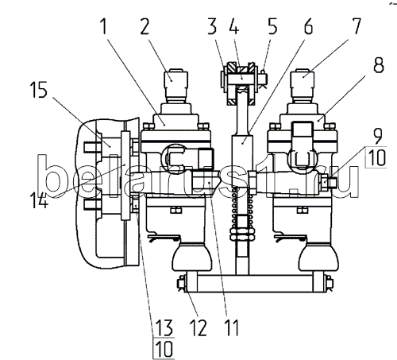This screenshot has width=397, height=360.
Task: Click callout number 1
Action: [104, 26]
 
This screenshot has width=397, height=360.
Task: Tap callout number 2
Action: [145, 26]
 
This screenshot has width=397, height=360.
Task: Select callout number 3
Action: [212, 26]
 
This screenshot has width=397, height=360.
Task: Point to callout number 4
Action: [234, 26]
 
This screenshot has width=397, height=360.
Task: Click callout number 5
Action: [272, 26]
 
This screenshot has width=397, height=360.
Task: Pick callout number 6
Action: [308, 26]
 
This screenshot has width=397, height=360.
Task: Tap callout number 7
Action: [356, 26]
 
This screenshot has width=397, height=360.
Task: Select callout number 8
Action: [379, 64]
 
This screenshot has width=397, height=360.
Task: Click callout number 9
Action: [378, 137]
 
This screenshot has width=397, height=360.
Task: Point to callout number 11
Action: [232, 327]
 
